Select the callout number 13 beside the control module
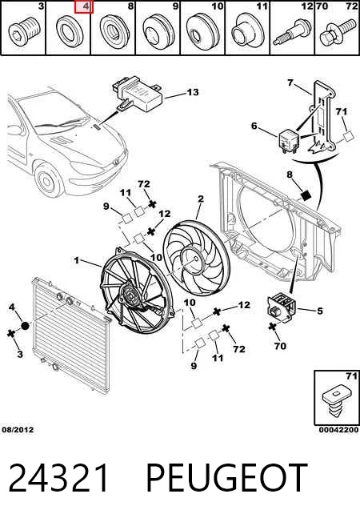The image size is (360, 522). click(x=193, y=92)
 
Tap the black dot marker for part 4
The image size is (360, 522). click(x=26, y=326)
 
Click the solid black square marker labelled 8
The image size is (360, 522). click(x=306, y=195)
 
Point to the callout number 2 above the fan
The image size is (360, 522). click(x=201, y=199)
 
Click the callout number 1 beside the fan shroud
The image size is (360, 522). click(x=77, y=260)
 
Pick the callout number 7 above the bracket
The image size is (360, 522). click(x=290, y=82)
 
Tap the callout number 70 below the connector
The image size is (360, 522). click(x=280, y=346)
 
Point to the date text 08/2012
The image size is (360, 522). click(x=18, y=430)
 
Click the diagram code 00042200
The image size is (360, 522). click(x=338, y=430)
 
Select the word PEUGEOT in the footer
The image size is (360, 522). click(x=227, y=478)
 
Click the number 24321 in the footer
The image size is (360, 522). click(x=58, y=478)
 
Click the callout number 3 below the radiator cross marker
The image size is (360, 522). click(x=20, y=354)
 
